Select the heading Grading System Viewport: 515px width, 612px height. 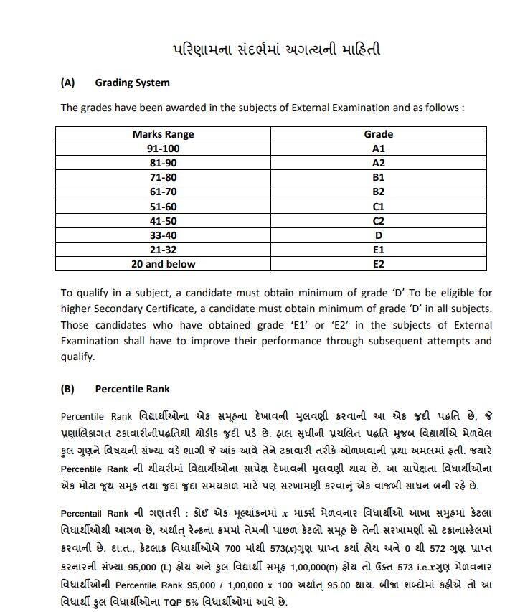click(x=132, y=83)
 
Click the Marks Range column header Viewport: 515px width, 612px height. click(x=163, y=134)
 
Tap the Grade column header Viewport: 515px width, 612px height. click(x=378, y=134)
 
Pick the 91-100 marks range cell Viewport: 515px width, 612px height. click(x=163, y=149)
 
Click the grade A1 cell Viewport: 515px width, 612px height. click(x=378, y=149)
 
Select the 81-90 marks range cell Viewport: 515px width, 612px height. click(x=163, y=163)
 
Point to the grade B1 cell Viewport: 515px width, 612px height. click(x=378, y=177)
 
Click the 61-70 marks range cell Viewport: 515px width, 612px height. click(x=163, y=192)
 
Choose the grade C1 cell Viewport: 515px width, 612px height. click(x=378, y=206)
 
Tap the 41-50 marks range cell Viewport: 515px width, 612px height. click(x=163, y=221)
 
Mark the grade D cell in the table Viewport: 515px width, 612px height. click(x=378, y=235)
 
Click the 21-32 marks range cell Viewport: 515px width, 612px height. click(x=163, y=250)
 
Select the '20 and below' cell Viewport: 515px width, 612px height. click(x=163, y=264)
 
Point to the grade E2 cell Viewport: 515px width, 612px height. click(x=378, y=264)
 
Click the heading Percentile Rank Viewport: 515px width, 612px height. click(x=132, y=389)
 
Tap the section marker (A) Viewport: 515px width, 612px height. click(x=67, y=83)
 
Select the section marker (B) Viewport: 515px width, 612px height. click(x=67, y=389)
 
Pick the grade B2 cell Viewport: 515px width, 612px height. click(x=378, y=192)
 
